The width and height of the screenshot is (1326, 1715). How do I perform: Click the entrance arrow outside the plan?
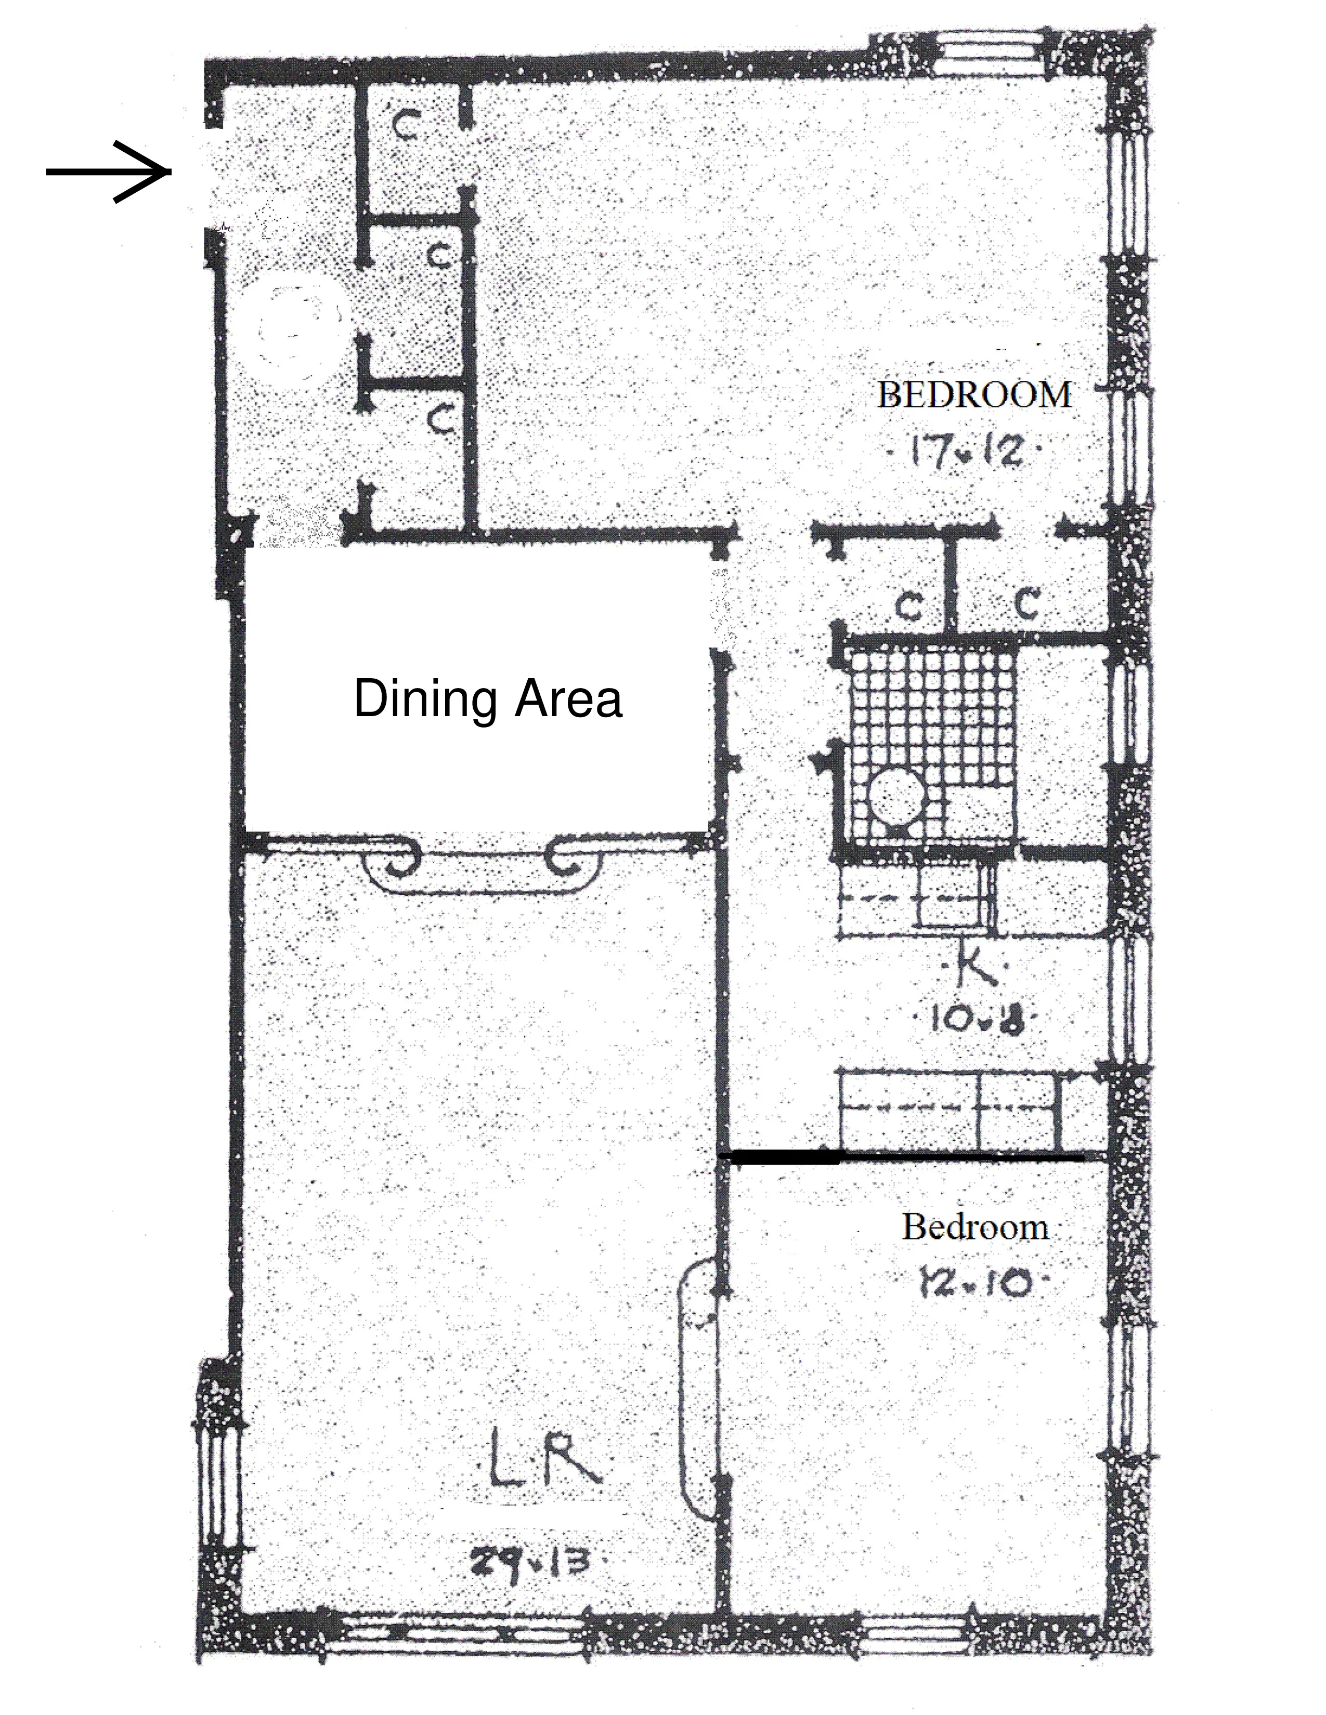point(108,171)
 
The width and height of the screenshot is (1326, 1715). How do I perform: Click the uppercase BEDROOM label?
point(974,394)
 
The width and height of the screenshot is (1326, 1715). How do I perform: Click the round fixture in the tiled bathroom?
point(898,796)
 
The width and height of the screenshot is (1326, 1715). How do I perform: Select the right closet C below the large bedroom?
point(1028,603)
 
